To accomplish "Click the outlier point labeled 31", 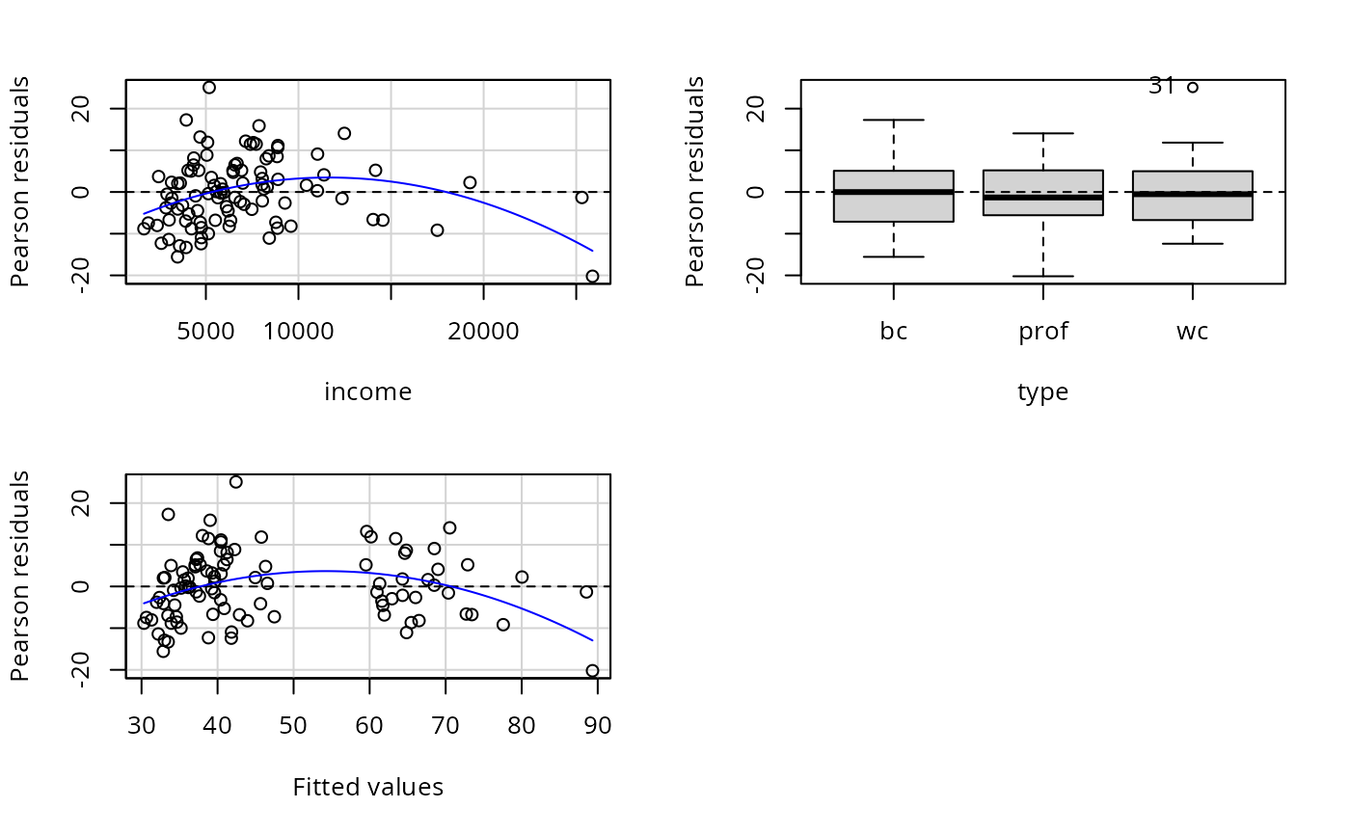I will coord(1193,87).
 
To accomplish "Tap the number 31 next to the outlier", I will coord(1162,86).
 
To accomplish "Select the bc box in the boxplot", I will coord(894,196).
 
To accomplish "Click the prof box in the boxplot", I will coord(1043,192).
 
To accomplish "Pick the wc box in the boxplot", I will coord(1193,195).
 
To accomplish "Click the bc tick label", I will coord(894,333).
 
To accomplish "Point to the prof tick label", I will coord(1043,333).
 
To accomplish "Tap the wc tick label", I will coord(1193,333).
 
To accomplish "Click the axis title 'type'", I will coord(1043,392).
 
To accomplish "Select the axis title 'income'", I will coord(368,392).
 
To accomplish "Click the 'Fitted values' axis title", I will coord(368,788).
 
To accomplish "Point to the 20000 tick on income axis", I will coord(483,333).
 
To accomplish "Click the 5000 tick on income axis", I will coord(206,333).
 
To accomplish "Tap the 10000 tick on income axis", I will coord(298,333).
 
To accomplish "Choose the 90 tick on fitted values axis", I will coord(598,726).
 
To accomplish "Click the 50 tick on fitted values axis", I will coord(293,726).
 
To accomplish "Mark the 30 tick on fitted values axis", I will coord(142,726).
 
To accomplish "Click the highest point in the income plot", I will coord(209,87).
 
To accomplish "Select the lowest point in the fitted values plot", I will coord(592,670).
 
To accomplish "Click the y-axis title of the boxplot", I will coord(695,181).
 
